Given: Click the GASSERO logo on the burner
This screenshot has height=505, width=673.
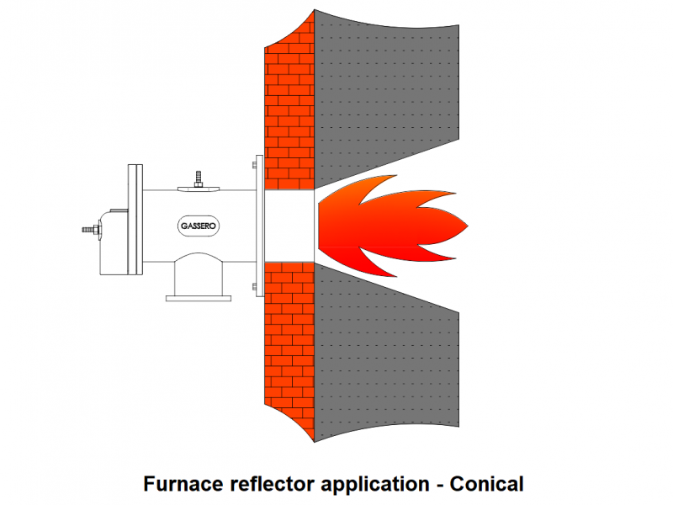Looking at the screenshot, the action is (x=199, y=226).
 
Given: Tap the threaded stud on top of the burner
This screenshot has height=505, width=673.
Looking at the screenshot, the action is (x=198, y=179).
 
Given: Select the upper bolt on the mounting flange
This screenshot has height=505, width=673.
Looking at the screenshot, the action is (x=255, y=165).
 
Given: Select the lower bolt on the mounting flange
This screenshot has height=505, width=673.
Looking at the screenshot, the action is (x=255, y=286).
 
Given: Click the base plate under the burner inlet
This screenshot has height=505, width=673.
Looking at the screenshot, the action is (x=199, y=298).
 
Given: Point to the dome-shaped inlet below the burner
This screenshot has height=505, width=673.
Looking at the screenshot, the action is (x=199, y=274).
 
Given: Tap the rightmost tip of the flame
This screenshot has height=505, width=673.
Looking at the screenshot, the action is (x=468, y=226).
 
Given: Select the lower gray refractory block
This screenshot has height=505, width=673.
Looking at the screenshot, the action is (x=386, y=356).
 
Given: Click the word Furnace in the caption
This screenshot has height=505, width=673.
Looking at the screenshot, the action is (x=183, y=484).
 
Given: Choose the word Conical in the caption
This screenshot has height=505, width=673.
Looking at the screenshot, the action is (x=487, y=484).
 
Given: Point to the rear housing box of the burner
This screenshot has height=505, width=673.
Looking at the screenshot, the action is (x=114, y=242).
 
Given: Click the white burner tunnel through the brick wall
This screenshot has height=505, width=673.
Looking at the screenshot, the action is (x=289, y=226).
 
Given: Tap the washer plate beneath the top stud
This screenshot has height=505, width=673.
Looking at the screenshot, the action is (x=199, y=189).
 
